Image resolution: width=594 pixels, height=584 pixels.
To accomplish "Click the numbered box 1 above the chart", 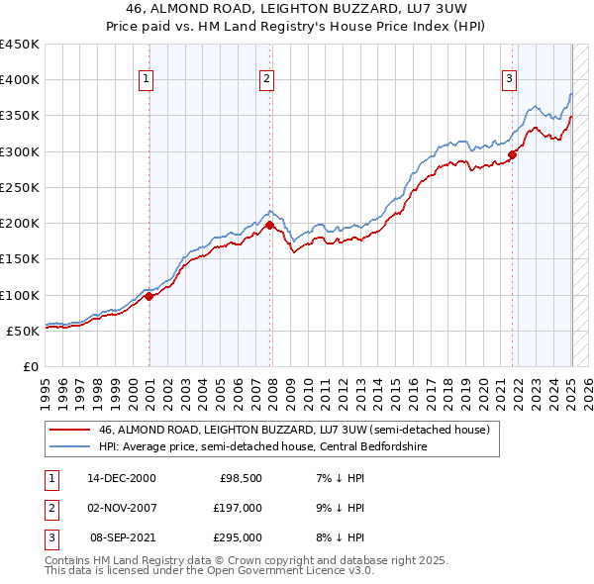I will tap(146, 79).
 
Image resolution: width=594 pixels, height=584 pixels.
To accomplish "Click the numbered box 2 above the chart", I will tap(267, 79).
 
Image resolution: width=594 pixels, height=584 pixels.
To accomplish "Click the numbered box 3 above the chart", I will tap(509, 79).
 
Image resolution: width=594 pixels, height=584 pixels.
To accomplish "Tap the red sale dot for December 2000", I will tap(148, 295).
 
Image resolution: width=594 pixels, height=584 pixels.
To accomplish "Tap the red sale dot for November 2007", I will tap(270, 225).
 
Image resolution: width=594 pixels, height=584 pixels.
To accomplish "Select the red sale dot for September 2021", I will tap(513, 153).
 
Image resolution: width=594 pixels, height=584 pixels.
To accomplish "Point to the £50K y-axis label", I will tap(23, 331).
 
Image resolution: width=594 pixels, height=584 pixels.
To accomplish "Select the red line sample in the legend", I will tap(70, 430).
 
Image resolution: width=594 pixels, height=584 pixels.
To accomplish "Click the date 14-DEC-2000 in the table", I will tap(122, 477).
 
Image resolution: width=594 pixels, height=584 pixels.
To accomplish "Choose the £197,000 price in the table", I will tap(239, 508).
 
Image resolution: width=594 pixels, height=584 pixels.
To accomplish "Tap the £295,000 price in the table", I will tap(239, 538).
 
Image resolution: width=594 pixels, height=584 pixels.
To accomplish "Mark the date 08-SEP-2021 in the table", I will tap(123, 538).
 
